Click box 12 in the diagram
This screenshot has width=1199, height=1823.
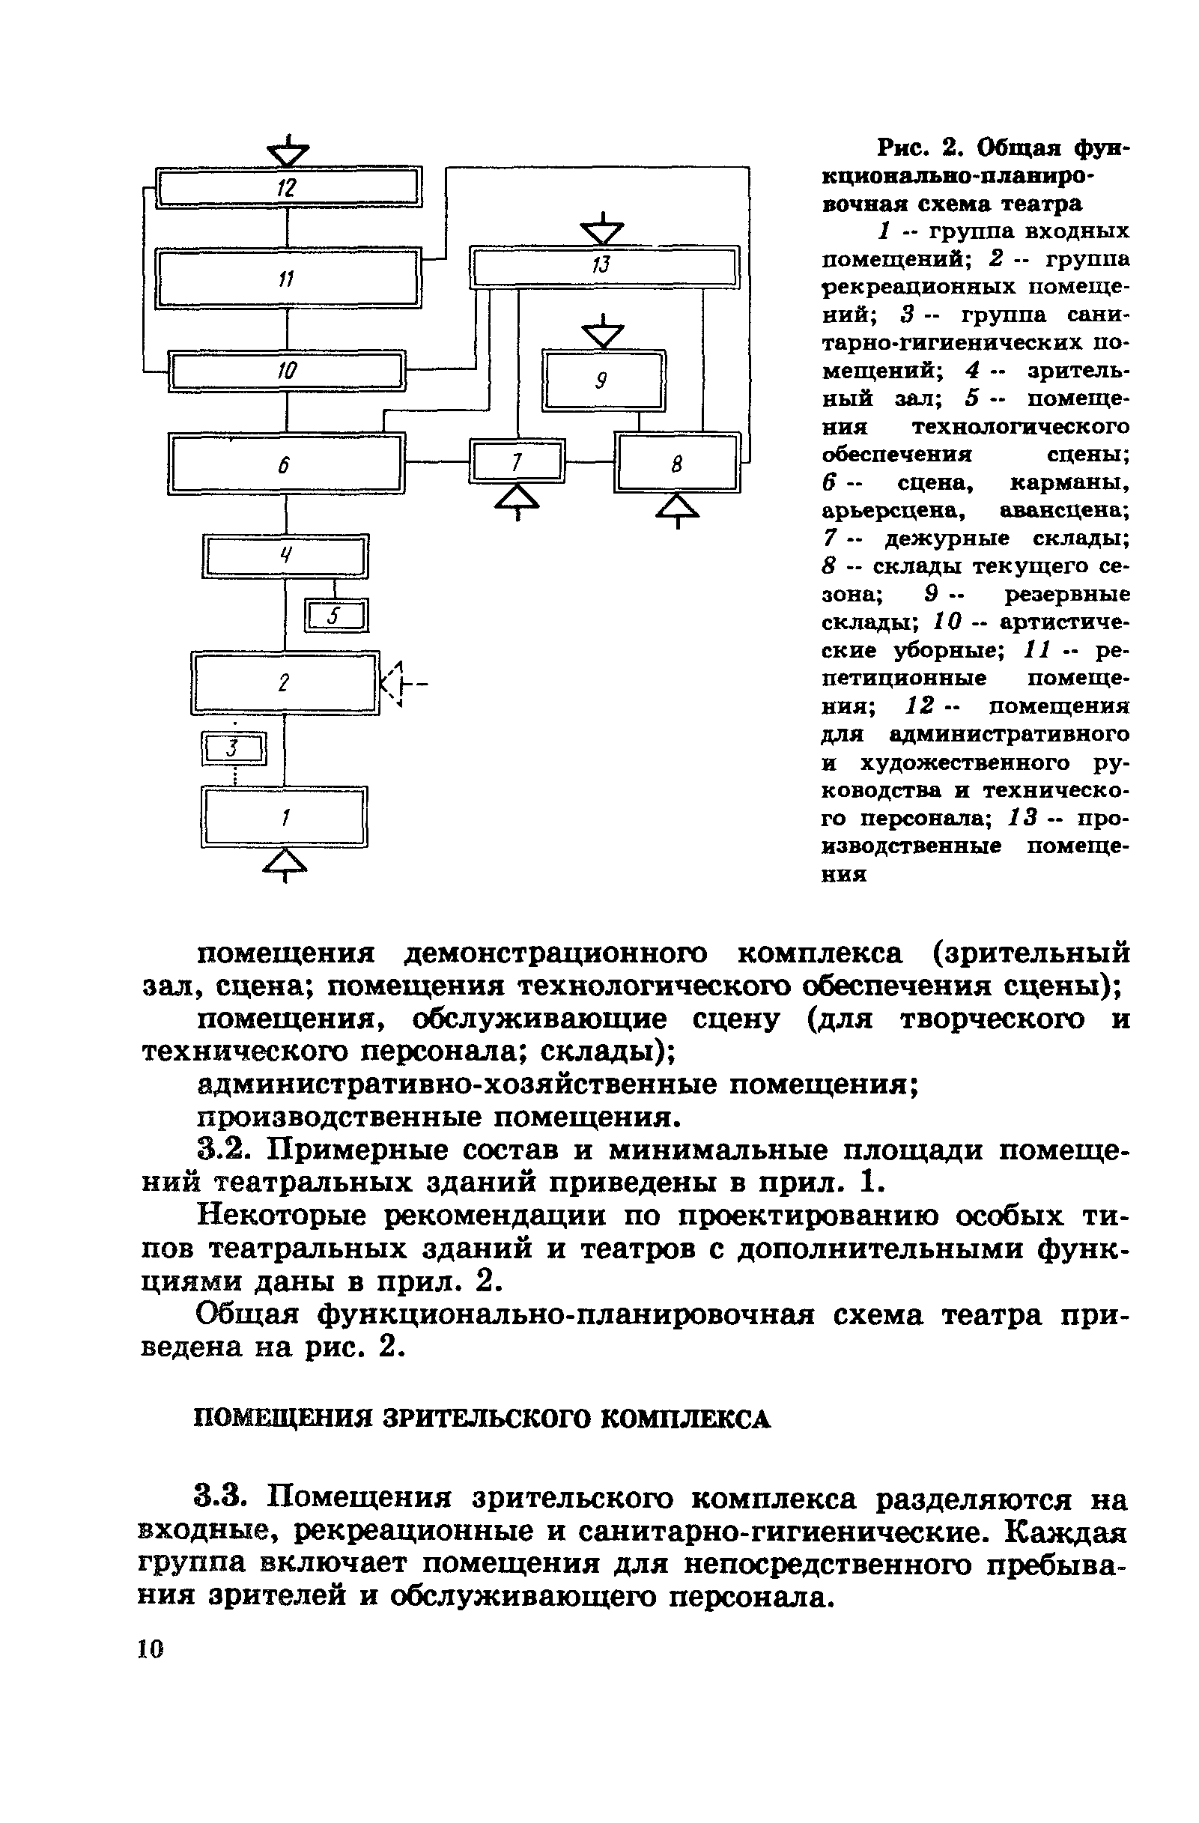pyautogui.click(x=288, y=187)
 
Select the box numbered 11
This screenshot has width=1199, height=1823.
pyautogui.click(x=288, y=279)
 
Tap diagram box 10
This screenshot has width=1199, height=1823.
pyautogui.click(x=287, y=371)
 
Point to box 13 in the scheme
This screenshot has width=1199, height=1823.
pyautogui.click(x=604, y=267)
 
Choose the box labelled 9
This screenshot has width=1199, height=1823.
pyautogui.click(x=603, y=380)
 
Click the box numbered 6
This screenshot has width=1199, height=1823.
pyautogui.click(x=286, y=464)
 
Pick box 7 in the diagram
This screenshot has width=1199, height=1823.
pyautogui.click(x=517, y=461)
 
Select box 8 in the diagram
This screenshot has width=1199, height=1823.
pyautogui.click(x=676, y=463)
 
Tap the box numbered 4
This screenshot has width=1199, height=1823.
pyautogui.click(x=285, y=555)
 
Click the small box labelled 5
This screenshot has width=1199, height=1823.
pyautogui.click(x=336, y=616)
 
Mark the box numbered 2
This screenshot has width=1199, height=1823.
pyautogui.click(x=285, y=682)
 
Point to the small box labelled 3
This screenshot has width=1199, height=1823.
pyautogui.click(x=234, y=748)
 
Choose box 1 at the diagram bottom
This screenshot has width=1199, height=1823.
pyautogui.click(x=285, y=817)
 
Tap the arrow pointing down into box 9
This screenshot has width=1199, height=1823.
pyautogui.click(x=603, y=333)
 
